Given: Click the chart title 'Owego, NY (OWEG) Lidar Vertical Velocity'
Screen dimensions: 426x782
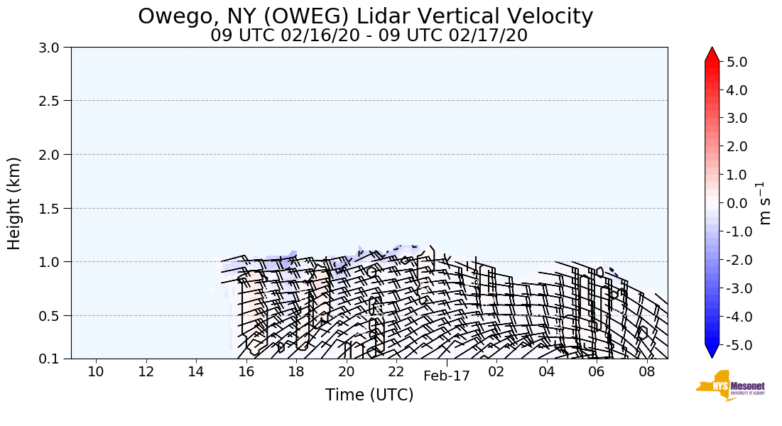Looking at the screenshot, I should (365, 16).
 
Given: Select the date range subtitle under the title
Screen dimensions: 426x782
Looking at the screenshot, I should (369, 35).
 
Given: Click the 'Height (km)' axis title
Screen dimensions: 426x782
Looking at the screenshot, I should (15, 203).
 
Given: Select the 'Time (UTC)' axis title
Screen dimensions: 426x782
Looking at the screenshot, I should (369, 395).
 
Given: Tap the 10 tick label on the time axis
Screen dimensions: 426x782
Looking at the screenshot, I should (96, 372).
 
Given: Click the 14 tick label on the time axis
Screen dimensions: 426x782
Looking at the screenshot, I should (196, 372).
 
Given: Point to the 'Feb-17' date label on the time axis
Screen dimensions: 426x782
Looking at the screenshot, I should (447, 376).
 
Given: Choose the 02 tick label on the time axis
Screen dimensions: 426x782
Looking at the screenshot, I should (496, 372).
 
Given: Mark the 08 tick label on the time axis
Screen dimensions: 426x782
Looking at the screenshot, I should (646, 372).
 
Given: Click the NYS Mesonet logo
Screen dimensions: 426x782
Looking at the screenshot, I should (720, 386).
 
